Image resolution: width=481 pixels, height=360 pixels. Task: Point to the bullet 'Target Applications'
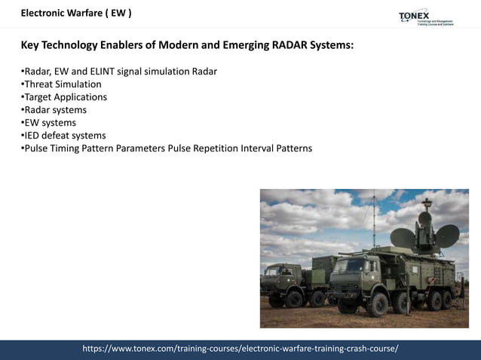[65, 97]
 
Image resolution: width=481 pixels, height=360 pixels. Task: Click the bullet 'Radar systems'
[54, 110]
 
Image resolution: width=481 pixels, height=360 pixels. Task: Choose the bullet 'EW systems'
[49, 123]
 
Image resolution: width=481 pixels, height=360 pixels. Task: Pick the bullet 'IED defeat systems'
[64, 136]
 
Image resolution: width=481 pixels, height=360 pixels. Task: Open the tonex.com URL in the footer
[240, 349]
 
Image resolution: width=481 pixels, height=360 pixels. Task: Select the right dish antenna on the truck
[446, 234]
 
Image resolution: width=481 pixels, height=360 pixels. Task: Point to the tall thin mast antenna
[372, 222]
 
